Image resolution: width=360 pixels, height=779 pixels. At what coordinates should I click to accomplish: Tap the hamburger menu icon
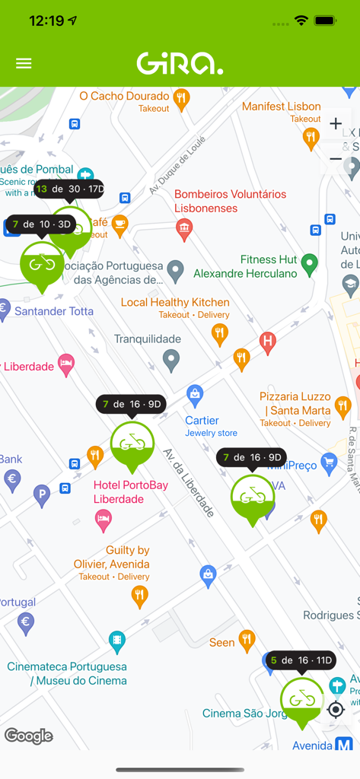click(x=24, y=63)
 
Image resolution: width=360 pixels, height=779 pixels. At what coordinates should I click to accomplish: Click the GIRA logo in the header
click(x=180, y=63)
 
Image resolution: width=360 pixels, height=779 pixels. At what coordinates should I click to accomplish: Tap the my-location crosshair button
click(x=336, y=710)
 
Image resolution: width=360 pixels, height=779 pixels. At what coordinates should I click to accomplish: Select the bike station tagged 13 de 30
click(x=68, y=189)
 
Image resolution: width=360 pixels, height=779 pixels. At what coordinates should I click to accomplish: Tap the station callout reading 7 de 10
click(x=42, y=224)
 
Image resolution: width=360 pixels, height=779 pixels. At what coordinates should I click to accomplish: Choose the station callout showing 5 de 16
click(x=301, y=660)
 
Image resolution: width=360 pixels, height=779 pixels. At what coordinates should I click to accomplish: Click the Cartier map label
click(x=202, y=421)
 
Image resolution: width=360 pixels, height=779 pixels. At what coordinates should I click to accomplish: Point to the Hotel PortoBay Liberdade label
click(x=119, y=492)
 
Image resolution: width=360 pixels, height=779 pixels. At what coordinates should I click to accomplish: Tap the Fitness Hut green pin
click(x=309, y=264)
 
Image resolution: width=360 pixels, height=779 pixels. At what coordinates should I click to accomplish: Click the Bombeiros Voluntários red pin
click(x=184, y=227)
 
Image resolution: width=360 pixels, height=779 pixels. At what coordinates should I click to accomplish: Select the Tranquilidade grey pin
click(x=172, y=359)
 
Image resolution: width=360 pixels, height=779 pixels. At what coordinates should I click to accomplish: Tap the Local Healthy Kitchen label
click(x=175, y=303)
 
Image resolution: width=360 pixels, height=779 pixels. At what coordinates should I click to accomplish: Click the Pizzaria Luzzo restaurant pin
click(x=342, y=405)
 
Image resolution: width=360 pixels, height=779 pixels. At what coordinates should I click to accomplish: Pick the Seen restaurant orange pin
click(x=247, y=641)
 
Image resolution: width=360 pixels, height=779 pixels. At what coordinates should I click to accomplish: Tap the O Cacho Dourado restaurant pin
click(x=181, y=97)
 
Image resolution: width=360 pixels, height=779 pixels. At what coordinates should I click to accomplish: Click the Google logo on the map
click(x=29, y=736)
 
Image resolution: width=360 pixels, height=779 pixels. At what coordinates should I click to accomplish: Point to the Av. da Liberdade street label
click(x=188, y=483)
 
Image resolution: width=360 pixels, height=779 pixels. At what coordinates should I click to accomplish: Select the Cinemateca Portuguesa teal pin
click(x=116, y=641)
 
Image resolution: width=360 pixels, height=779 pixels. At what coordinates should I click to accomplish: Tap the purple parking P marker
click(x=42, y=497)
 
